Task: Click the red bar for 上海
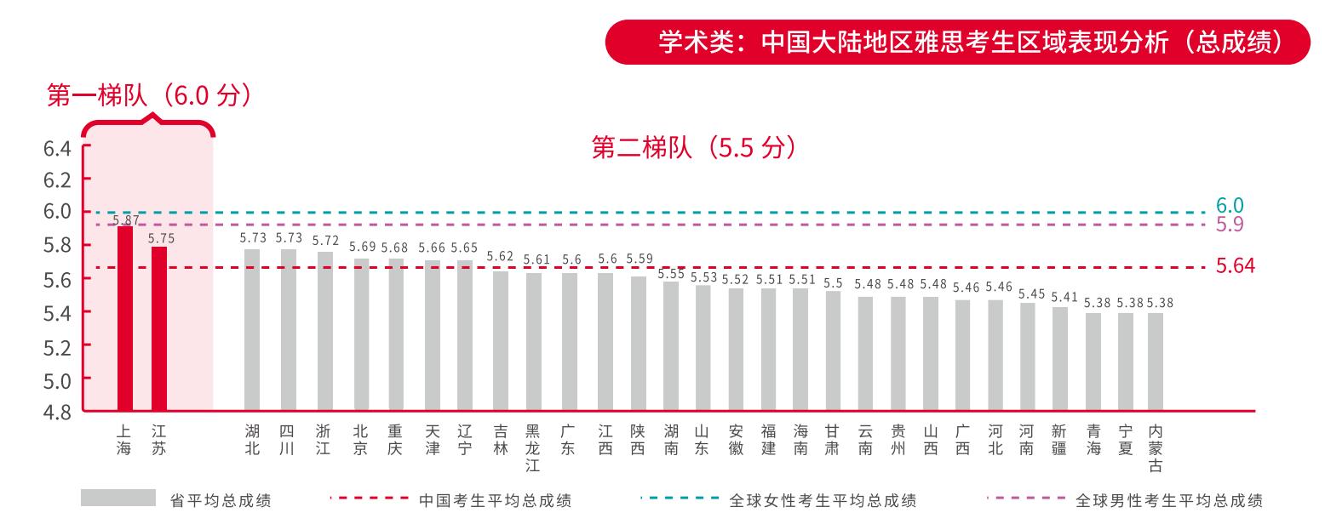tap(125, 319)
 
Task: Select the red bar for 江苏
tap(159, 329)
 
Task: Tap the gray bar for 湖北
tap(252, 330)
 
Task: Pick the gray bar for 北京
tap(361, 334)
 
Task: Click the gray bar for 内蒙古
tap(1155, 362)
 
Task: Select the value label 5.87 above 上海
tap(125, 219)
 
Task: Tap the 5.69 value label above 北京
tap(362, 247)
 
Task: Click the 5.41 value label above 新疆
tap(1064, 298)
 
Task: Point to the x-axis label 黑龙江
tap(533, 447)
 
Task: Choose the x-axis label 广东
tap(569, 440)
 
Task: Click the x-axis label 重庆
tap(395, 440)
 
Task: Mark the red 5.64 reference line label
tap(1235, 266)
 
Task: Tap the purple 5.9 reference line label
tap(1230, 225)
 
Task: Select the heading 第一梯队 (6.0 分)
tap(149, 95)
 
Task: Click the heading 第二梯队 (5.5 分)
tap(695, 148)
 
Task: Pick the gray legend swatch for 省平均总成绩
tap(118, 498)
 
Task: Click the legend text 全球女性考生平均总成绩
tap(823, 501)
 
